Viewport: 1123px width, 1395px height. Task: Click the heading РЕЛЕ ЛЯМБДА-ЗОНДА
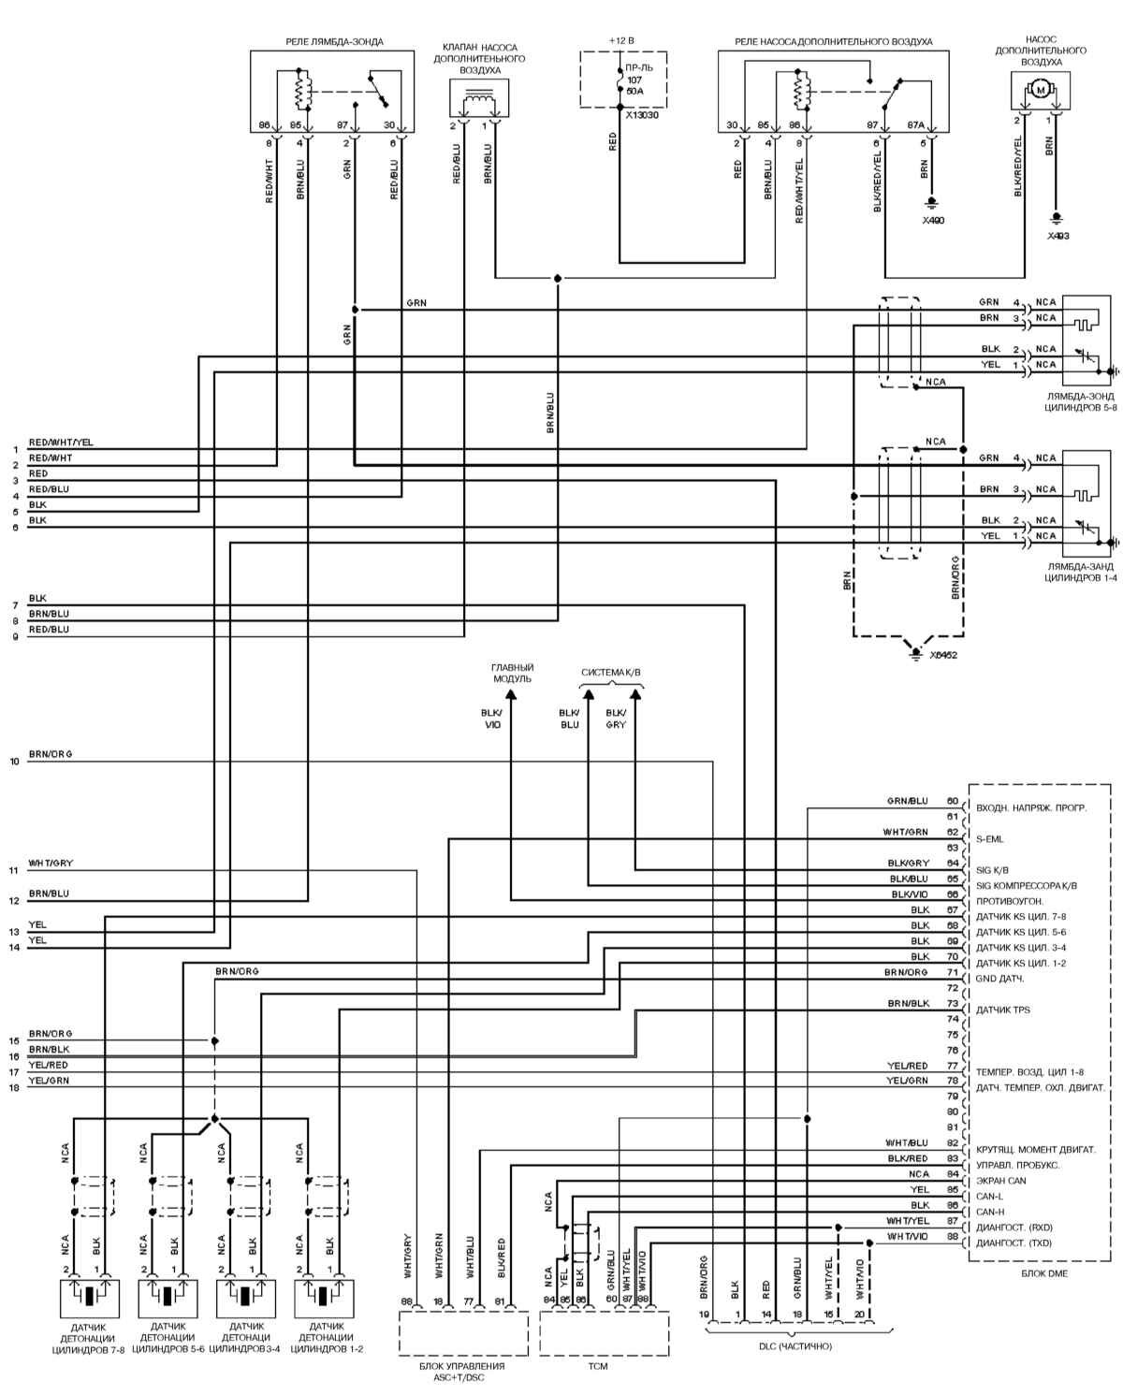tap(334, 42)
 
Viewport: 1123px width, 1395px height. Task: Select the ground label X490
tap(933, 220)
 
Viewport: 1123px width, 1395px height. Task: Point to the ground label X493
tap(1057, 236)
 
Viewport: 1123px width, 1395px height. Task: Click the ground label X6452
tap(943, 655)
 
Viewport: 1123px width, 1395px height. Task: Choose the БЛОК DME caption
tap(1044, 1273)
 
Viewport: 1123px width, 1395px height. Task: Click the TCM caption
tap(597, 1367)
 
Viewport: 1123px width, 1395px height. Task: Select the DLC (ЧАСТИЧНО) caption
tap(795, 1346)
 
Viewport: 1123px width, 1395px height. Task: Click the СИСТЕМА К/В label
tap(611, 673)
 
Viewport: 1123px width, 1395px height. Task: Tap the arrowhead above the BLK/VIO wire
tap(512, 694)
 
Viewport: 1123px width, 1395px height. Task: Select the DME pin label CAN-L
tap(990, 1196)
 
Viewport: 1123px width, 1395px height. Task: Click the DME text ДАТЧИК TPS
tap(1003, 1010)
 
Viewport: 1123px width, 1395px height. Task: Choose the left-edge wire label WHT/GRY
tap(51, 863)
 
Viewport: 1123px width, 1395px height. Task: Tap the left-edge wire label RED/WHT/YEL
tap(61, 443)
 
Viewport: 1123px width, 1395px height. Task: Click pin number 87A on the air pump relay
tap(915, 125)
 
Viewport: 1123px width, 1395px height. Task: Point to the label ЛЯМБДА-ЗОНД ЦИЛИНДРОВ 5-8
tap(1081, 401)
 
